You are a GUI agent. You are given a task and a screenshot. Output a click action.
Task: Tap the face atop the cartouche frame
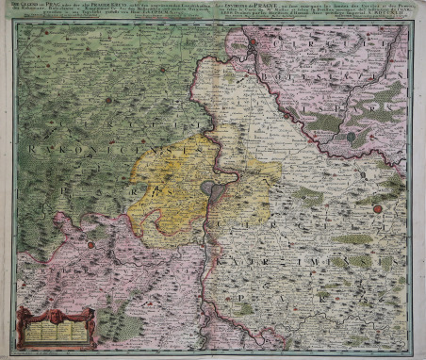pos(56,308)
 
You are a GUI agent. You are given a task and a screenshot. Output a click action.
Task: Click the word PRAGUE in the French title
pos(272,6)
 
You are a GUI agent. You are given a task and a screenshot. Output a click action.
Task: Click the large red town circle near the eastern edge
pos(378,208)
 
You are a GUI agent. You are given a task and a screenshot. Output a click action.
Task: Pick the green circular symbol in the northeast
pos(351,137)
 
